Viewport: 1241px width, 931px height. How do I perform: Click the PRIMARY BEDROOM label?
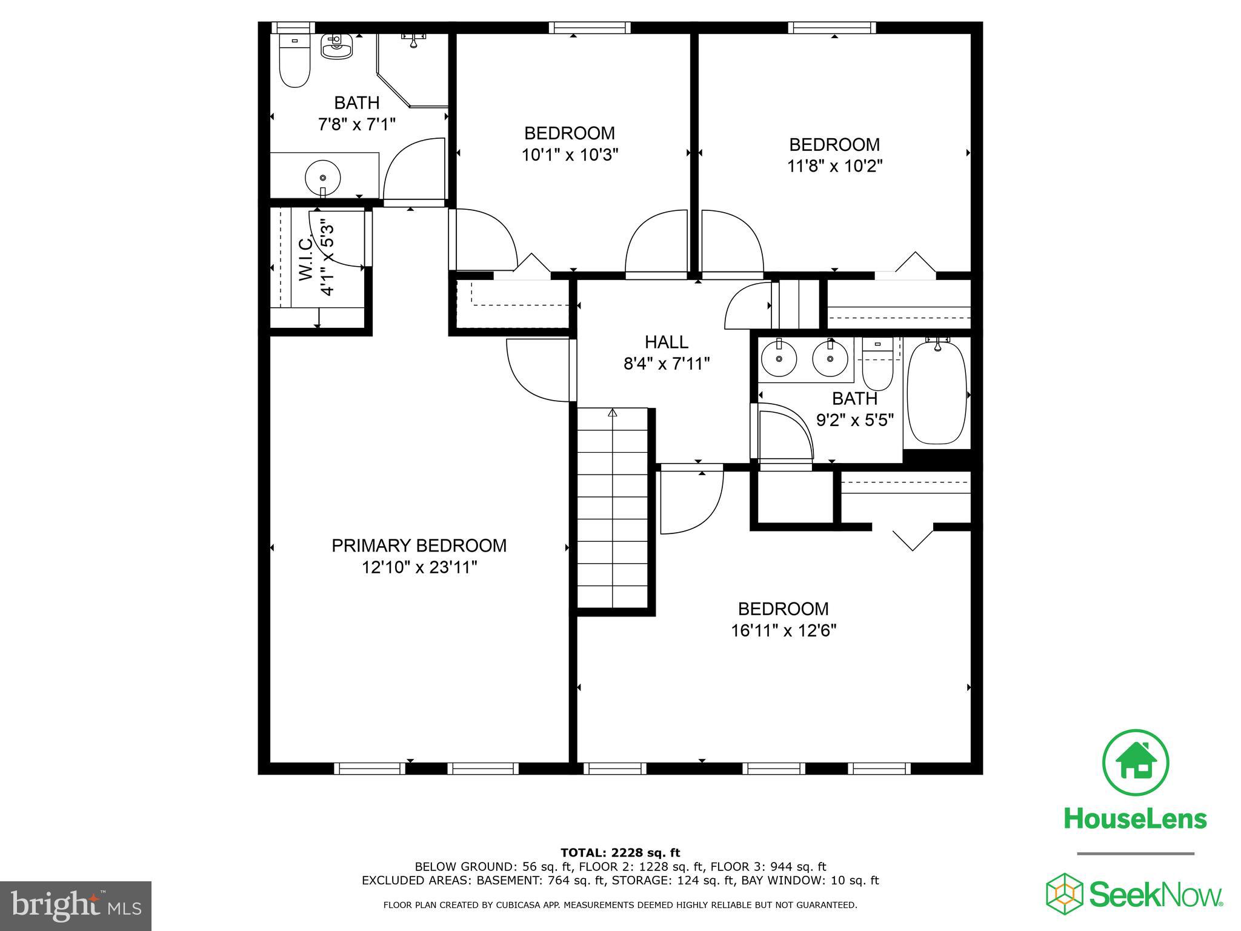pos(419,546)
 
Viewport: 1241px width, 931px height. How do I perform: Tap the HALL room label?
pos(666,342)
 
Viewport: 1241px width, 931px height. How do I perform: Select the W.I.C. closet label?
pos(305,259)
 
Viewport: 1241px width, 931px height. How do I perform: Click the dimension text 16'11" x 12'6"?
pos(783,631)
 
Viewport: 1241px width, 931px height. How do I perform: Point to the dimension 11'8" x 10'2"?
pos(834,166)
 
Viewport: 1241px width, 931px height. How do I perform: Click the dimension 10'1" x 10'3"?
pos(569,155)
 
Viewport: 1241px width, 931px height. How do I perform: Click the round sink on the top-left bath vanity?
pos(322,177)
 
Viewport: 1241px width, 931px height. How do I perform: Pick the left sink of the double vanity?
pos(778,358)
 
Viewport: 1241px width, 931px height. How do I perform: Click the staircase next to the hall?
pos(613,509)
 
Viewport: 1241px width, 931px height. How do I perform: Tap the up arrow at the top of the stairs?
pos(613,413)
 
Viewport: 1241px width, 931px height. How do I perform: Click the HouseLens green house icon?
pos(1135,762)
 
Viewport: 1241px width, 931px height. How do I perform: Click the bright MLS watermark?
pos(75,906)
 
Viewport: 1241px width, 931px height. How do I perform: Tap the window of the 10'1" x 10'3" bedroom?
pos(590,27)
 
